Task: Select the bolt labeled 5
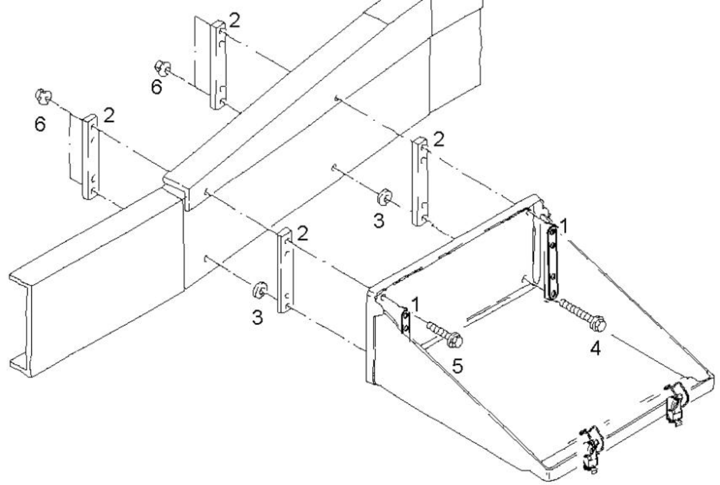[445, 335]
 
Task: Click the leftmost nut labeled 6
[43, 96]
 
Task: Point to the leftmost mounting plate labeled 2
[91, 157]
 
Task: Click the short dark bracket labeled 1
[406, 323]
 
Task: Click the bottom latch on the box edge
[592, 446]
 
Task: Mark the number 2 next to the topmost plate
[235, 20]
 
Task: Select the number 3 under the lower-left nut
[257, 317]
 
